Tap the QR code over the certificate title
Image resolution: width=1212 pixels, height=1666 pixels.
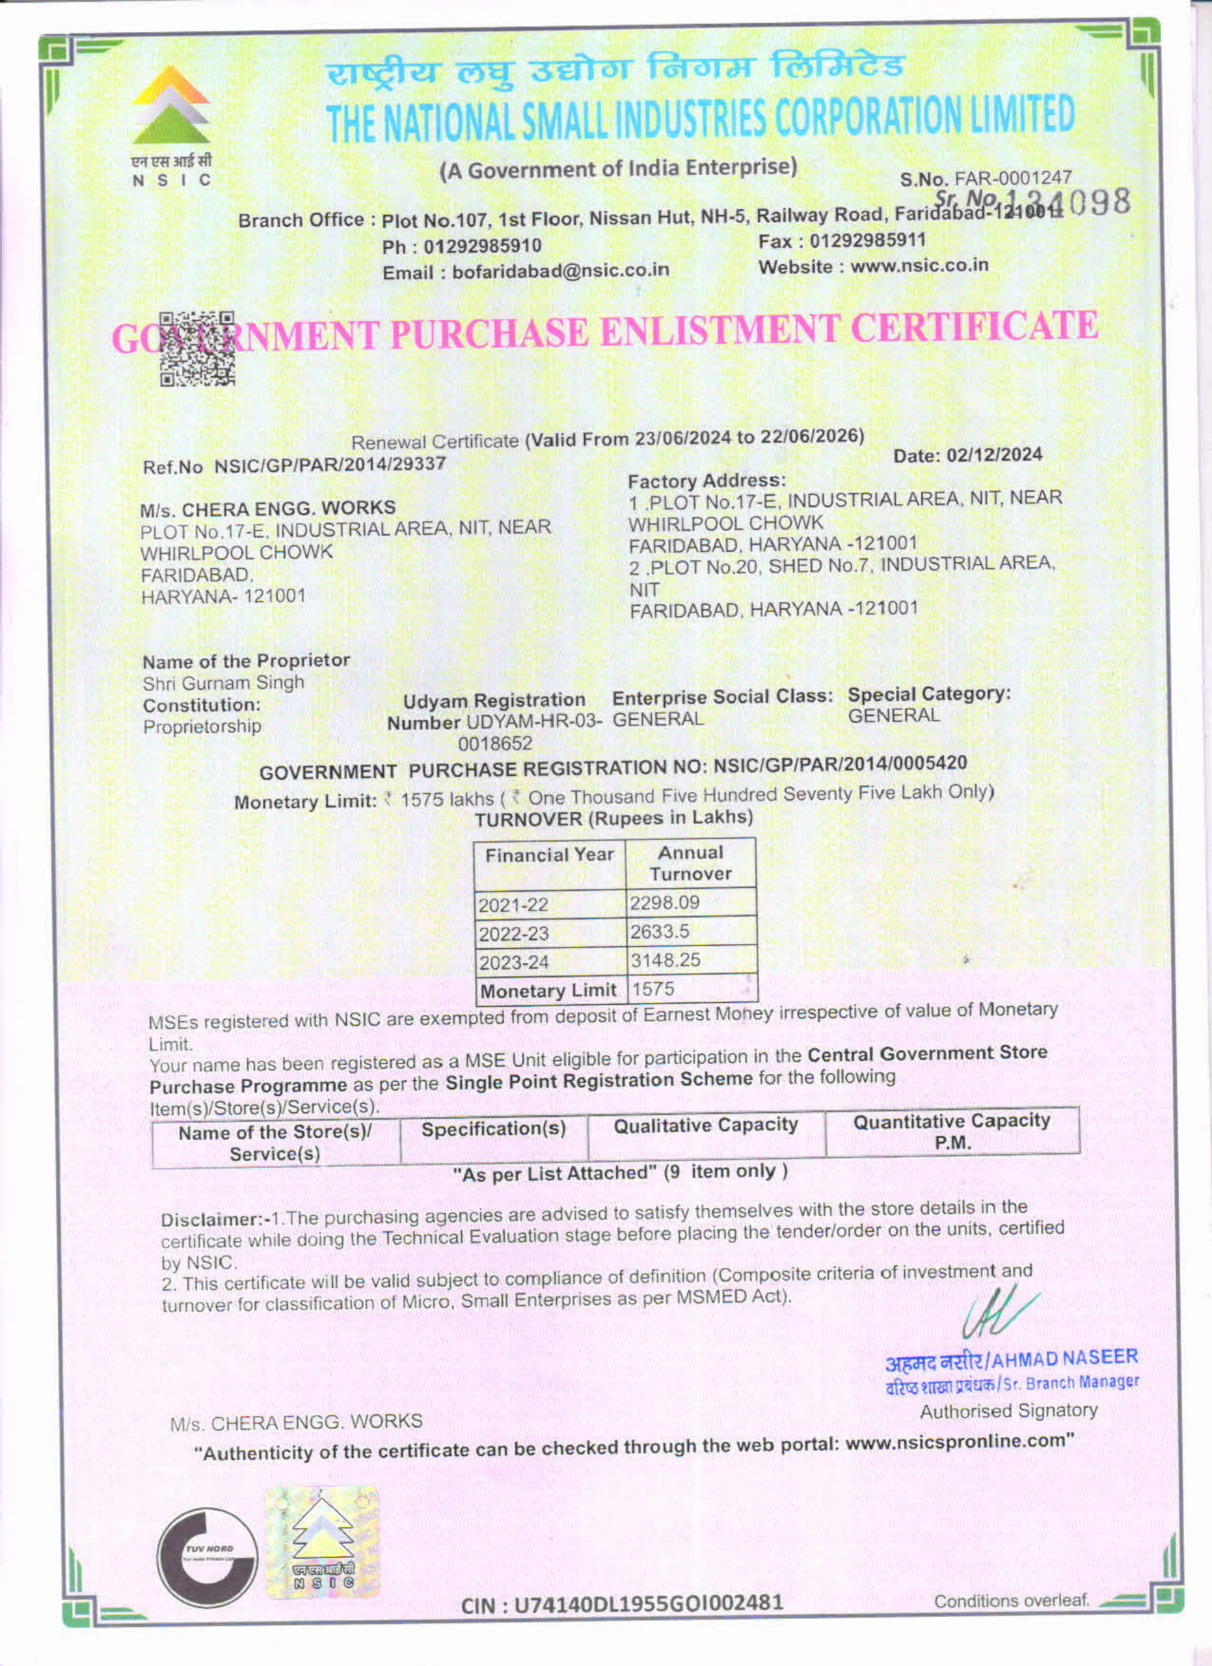[196, 349]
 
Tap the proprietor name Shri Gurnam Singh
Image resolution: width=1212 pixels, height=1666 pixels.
[223, 683]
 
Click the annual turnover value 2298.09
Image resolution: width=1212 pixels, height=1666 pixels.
[664, 903]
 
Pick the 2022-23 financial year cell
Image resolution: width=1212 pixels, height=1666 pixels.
[513, 934]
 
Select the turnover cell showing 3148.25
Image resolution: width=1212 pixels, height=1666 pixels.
[665, 960]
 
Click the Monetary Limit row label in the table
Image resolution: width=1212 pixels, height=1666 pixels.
[548, 991]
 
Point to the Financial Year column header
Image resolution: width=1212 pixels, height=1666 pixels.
[549, 855]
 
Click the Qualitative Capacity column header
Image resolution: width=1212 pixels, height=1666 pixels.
[705, 1125]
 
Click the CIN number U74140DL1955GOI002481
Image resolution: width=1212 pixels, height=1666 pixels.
[623, 1602]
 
